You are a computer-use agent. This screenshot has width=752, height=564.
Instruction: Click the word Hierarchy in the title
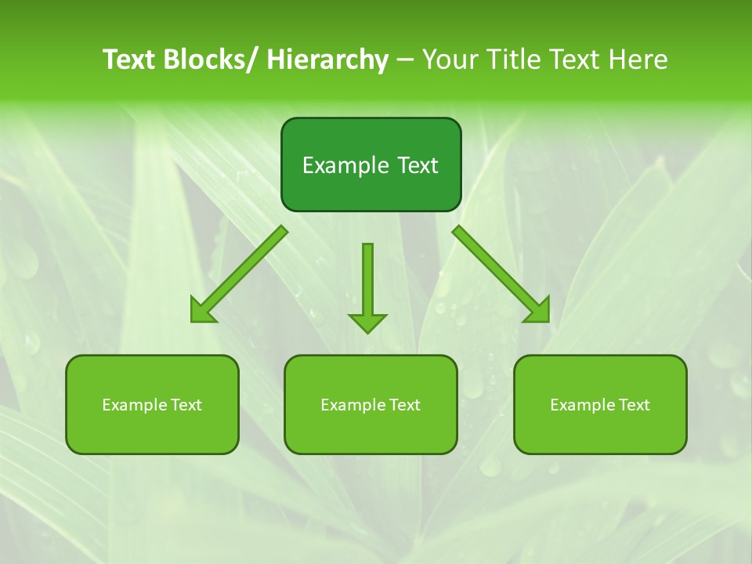coord(327,60)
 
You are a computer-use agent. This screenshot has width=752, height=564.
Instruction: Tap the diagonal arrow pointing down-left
coord(243,271)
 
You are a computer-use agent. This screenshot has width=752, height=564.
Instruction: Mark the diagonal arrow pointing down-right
coord(497,271)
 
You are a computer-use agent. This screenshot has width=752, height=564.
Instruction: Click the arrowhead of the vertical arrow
coord(367,321)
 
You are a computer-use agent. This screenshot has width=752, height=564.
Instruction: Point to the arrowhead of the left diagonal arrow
coord(202,310)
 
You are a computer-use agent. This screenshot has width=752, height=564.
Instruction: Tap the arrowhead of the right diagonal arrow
coord(537,310)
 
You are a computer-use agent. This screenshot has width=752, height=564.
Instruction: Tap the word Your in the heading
coord(452,60)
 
